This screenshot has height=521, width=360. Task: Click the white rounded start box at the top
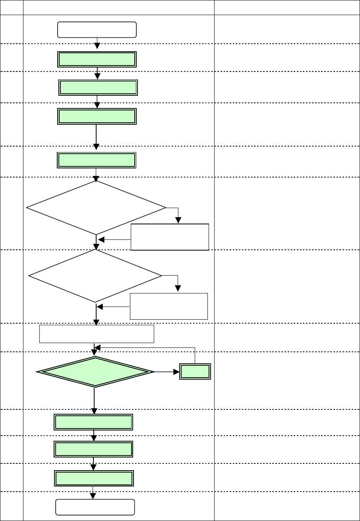point(97,30)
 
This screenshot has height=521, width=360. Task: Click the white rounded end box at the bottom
point(95,507)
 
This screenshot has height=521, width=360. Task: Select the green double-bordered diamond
point(95,372)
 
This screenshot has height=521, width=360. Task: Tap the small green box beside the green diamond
point(195,372)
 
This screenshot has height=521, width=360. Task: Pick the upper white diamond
point(96,208)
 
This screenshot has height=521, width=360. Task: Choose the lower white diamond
point(95,275)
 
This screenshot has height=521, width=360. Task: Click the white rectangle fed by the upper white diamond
point(170,237)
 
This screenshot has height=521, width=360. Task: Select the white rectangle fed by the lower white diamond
point(169,306)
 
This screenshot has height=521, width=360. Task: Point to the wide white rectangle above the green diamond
point(97,334)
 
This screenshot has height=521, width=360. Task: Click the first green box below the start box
point(97,59)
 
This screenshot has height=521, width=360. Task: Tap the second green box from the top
point(98,87)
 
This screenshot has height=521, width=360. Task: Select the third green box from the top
point(97,116)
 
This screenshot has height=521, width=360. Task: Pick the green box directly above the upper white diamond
point(97,160)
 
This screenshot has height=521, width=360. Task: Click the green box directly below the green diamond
point(93,422)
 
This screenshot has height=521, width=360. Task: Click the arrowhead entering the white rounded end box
point(93,496)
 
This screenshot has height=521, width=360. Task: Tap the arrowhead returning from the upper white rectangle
point(101,240)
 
